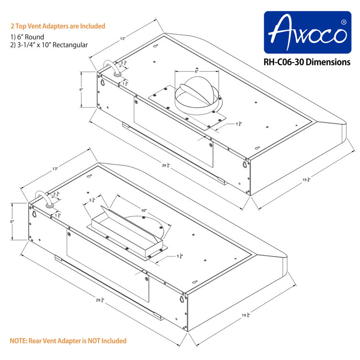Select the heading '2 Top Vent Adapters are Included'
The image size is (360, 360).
pos(58,26)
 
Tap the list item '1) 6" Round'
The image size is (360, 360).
pos(27,37)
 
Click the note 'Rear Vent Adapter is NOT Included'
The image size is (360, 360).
pos(68,340)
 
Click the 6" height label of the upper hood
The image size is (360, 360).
pos(82,90)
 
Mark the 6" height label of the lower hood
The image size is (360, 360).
pos(13,222)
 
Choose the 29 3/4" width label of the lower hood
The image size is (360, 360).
pos(100,300)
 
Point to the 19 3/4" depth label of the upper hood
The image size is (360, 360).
pos(306,180)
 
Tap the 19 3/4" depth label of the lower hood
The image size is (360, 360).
pos(246,315)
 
